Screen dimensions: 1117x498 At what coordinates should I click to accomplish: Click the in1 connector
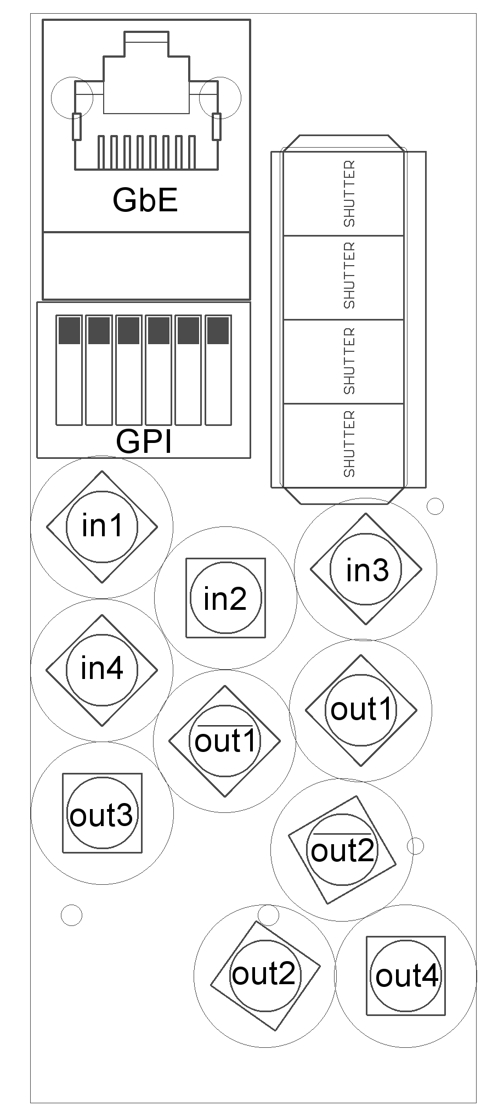[x=102, y=526]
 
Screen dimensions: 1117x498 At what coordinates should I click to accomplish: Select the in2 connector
[x=225, y=598]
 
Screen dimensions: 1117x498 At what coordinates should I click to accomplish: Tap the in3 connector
[x=366, y=569]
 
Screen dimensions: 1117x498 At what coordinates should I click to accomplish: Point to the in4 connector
[x=102, y=670]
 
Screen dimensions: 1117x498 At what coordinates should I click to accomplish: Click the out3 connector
[x=102, y=813]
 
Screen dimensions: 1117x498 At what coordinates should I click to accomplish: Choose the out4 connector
[x=406, y=975]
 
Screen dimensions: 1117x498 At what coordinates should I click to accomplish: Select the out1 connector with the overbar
[x=225, y=741]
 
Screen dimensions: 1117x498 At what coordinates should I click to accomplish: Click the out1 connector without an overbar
[x=361, y=710]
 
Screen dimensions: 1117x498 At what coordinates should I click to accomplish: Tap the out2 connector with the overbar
[x=342, y=849]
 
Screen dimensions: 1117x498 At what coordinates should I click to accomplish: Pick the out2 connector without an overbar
[x=265, y=975]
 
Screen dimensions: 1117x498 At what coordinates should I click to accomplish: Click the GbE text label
[x=145, y=200]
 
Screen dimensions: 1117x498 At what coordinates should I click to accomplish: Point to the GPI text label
[x=144, y=441]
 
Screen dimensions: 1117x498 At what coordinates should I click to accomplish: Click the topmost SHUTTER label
[x=349, y=194]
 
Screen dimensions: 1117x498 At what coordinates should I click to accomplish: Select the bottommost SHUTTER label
[x=349, y=444]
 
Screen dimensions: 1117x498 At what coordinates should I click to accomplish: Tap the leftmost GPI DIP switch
[x=69, y=370]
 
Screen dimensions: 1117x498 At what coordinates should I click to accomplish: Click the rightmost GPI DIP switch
[x=218, y=370]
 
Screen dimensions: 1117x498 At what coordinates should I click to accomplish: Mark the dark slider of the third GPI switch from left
[x=128, y=330]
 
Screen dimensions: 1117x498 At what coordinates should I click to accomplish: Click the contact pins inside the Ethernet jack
[x=146, y=151]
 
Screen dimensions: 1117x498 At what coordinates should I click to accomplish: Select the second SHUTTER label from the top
[x=349, y=276]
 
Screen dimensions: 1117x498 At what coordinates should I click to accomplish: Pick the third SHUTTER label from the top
[x=349, y=361]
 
